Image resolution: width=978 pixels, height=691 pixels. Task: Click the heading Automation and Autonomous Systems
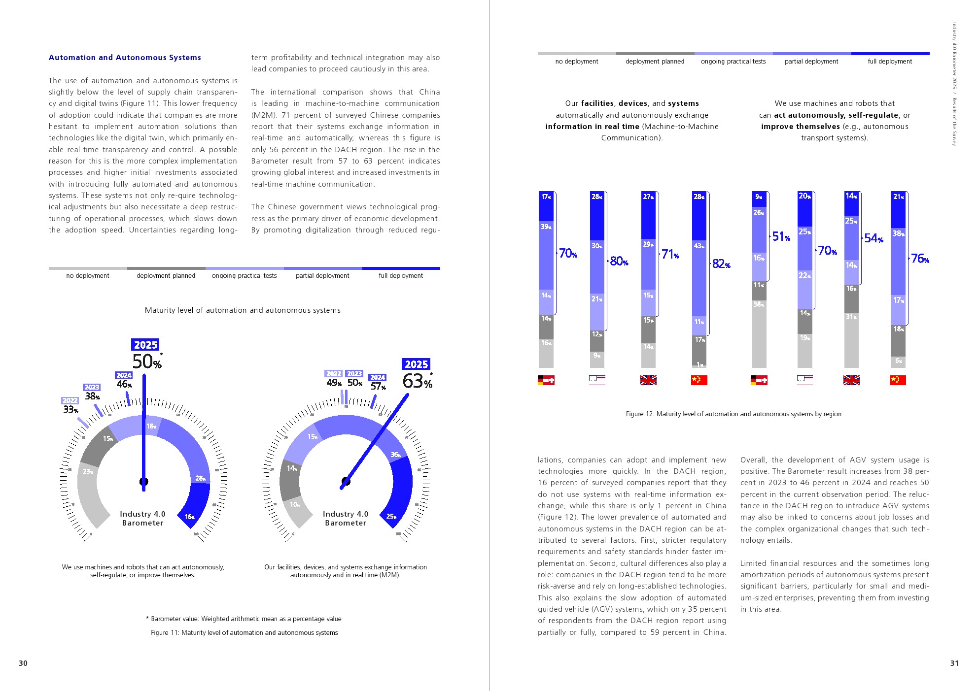125,58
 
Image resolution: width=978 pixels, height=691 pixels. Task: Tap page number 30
23,663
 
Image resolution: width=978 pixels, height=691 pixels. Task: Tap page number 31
954,663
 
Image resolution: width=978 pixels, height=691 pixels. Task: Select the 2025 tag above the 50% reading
145,345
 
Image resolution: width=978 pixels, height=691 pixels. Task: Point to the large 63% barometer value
417,381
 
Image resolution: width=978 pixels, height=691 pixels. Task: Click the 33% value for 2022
70,409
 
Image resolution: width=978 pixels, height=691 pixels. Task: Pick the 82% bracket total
721,264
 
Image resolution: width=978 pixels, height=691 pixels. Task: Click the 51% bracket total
781,237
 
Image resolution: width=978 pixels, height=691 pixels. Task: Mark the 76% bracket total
920,259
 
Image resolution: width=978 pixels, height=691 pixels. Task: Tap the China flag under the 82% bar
699,380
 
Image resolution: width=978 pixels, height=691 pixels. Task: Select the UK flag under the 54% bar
851,380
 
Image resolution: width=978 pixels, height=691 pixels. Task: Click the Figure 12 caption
733,414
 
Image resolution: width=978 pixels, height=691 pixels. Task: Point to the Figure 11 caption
244,633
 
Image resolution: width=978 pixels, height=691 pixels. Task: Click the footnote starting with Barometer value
244,619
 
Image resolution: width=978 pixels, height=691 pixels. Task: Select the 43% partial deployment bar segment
699,278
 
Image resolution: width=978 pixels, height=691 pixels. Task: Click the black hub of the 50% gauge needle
143,481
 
